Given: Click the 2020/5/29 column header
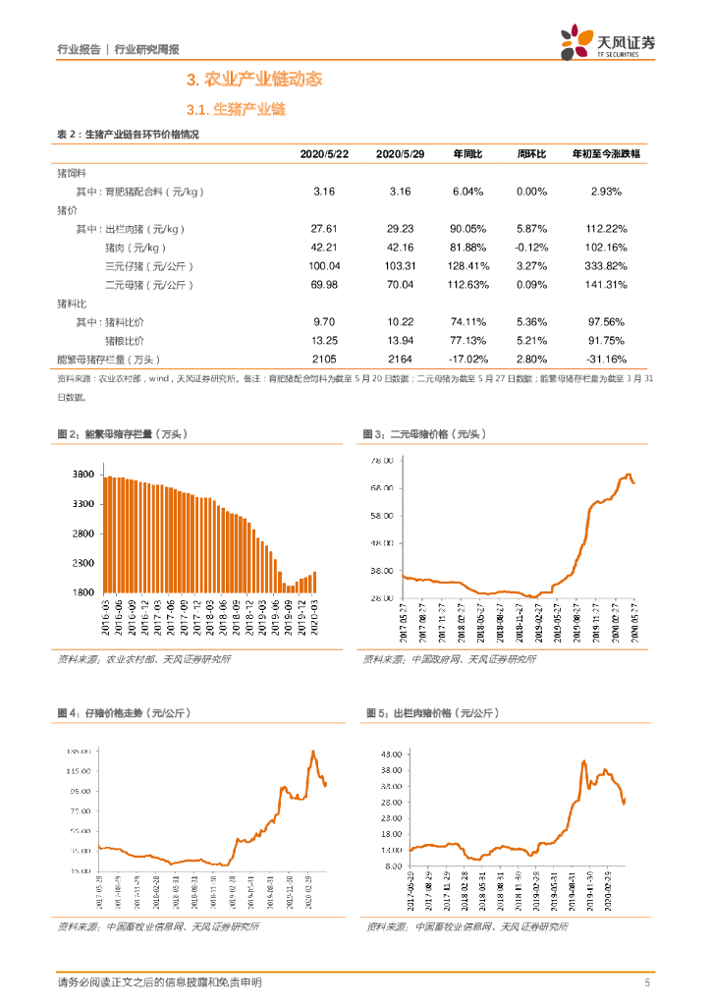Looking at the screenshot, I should tap(400, 154).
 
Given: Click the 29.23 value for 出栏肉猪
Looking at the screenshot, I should tap(400, 228).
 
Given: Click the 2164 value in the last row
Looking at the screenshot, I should tap(400, 360).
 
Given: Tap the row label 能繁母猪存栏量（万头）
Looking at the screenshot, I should tap(108, 360).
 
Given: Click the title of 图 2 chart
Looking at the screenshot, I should tap(122, 434).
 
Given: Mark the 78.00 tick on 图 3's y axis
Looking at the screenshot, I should tap(381, 460).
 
